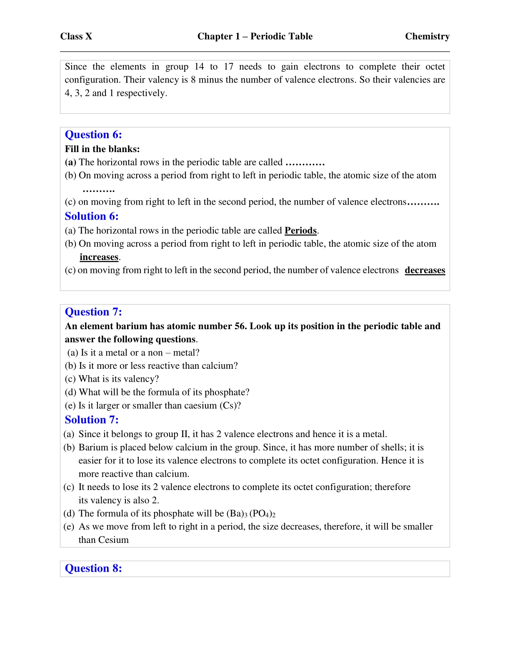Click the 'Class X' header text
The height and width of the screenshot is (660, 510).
coord(76,37)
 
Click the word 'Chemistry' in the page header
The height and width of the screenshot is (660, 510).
coord(427,37)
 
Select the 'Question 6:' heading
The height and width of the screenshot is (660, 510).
coord(93,135)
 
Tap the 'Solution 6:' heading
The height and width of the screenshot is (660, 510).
coord(92,216)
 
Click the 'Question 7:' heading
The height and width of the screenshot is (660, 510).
coord(93,312)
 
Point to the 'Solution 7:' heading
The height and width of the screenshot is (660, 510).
coord(92,420)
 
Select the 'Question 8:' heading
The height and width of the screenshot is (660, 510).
coord(93,568)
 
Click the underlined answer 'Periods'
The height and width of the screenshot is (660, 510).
coord(300,230)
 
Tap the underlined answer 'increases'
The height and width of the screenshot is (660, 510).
coord(99,257)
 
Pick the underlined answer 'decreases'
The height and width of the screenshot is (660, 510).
coord(425,270)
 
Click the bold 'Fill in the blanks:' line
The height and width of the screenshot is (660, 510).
coord(102,149)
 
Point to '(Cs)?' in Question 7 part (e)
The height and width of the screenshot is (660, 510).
coord(230,405)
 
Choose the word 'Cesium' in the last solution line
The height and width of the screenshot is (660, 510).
coord(113,540)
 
